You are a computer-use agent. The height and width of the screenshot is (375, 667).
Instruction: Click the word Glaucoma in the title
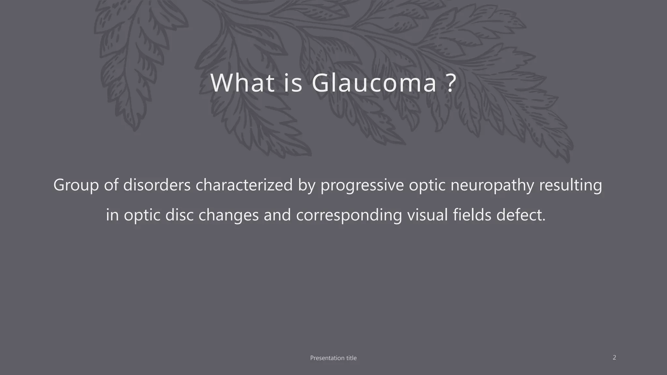pos(374,83)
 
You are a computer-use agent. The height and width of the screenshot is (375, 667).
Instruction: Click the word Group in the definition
pos(76,185)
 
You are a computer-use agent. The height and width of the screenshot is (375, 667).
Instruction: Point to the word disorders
pos(157,185)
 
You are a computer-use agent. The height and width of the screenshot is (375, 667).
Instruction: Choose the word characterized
pos(244,185)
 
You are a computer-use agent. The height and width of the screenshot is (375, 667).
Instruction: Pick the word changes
pos(228,215)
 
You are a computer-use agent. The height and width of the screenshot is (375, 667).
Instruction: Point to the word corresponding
pos(349,215)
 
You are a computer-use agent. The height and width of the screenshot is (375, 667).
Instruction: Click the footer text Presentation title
pos(333,358)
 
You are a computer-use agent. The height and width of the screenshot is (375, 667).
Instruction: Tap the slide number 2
pos(614,357)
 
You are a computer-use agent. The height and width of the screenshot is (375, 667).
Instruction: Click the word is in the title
pos(293,83)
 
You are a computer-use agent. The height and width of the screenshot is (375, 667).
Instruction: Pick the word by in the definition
pos(306,185)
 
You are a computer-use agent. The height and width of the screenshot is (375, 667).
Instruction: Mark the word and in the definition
pos(277,215)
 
